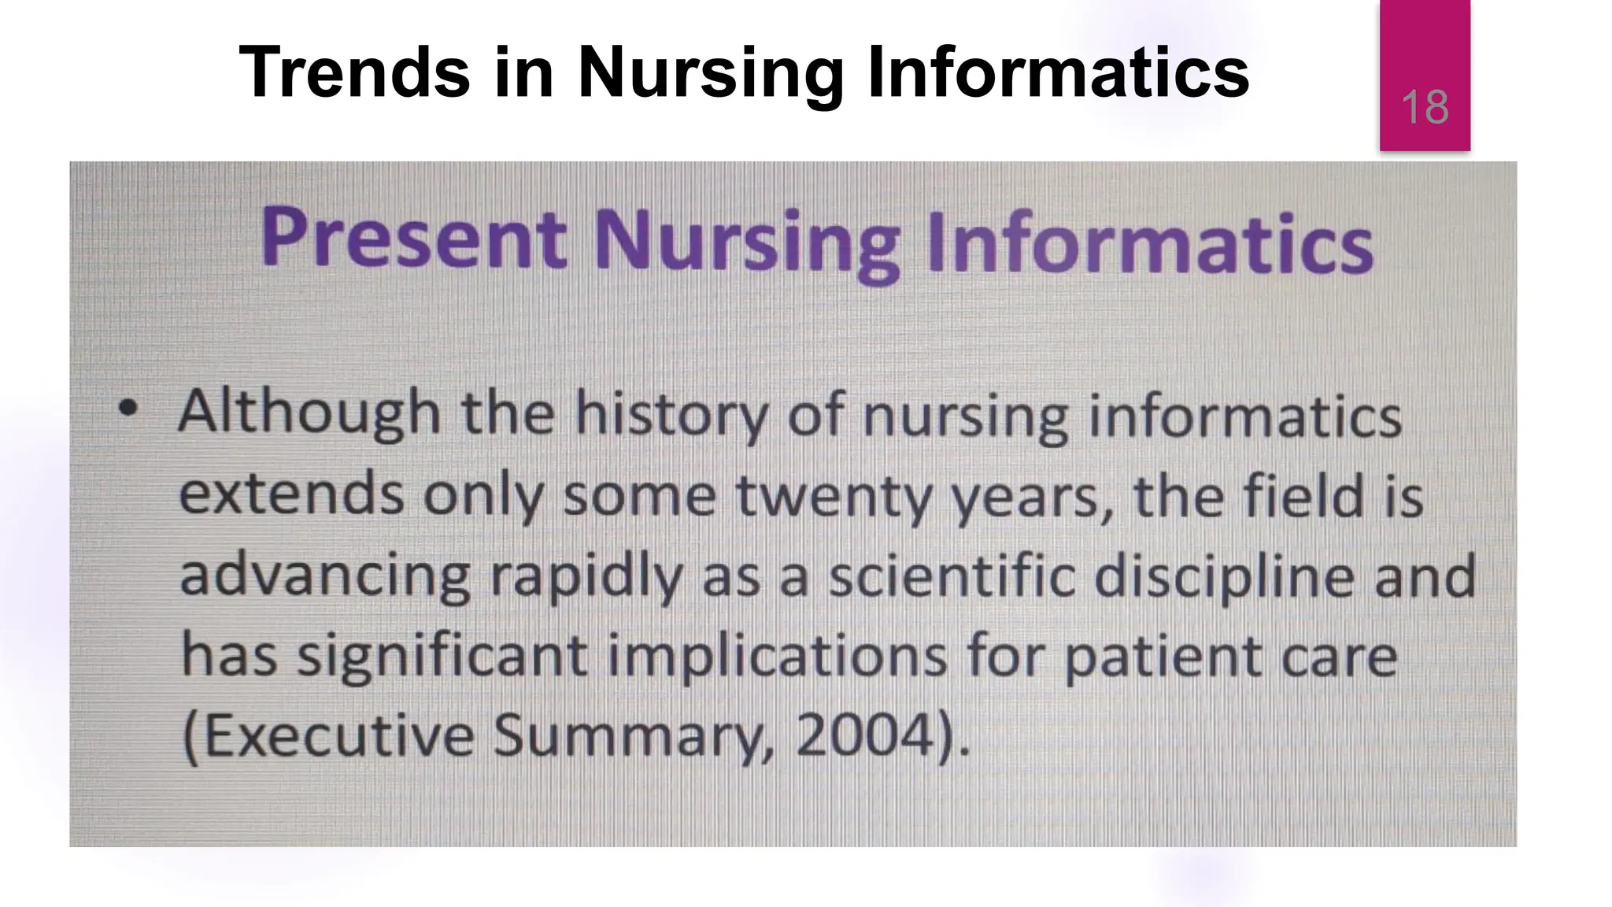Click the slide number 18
click(x=1425, y=108)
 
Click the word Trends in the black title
click(x=354, y=72)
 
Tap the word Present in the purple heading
click(x=413, y=238)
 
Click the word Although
click(x=309, y=413)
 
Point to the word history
click(x=671, y=415)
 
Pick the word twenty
click(x=833, y=497)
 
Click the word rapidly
click(x=586, y=577)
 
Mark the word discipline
click(x=1224, y=577)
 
